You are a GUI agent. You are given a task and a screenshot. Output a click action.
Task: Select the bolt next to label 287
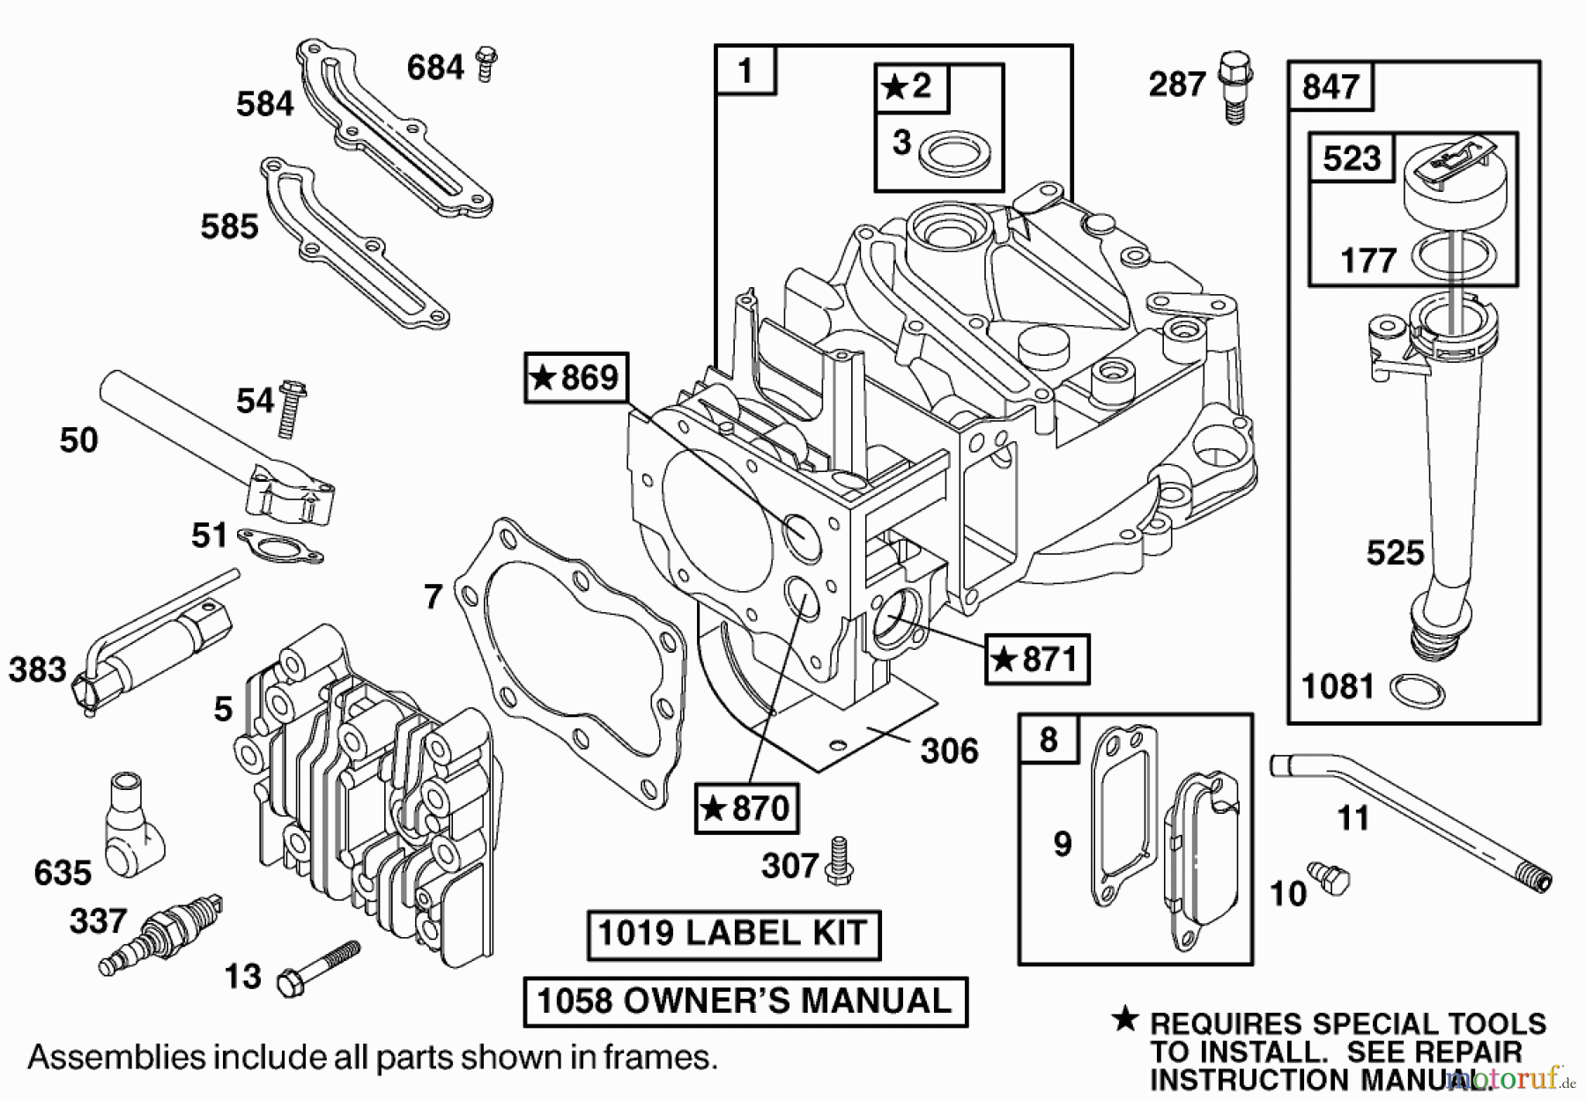(1235, 87)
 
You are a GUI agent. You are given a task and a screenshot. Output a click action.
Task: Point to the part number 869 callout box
(576, 378)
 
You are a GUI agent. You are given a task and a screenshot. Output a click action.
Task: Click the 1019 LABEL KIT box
(733, 934)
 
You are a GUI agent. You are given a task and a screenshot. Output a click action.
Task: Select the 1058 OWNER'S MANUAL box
(745, 1001)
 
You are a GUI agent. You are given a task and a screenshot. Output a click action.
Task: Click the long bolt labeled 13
(318, 968)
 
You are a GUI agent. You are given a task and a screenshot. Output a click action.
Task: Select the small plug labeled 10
(1329, 879)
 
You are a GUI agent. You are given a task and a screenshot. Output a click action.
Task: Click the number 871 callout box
(1036, 659)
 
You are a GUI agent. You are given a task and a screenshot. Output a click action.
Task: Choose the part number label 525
(1395, 553)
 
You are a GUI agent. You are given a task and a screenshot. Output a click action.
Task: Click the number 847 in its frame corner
(1330, 86)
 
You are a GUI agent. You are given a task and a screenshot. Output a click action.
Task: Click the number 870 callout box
(746, 808)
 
